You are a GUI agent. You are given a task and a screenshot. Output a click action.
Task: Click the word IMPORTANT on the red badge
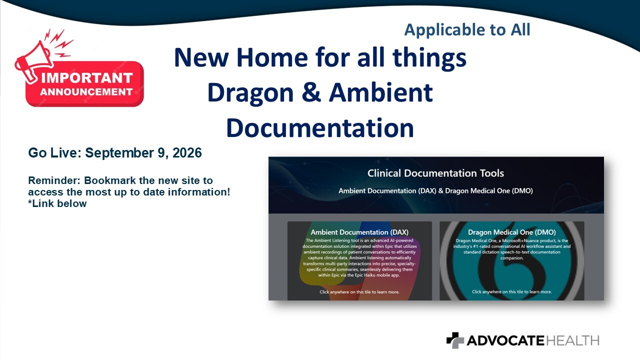pos(87,78)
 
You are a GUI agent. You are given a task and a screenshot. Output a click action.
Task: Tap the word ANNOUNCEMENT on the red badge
pos(86,91)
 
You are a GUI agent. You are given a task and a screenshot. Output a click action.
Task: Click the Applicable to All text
pos(467,29)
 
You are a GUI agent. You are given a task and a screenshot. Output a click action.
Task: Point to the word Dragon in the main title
pos(250,93)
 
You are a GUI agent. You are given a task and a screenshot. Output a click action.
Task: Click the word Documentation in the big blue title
pos(320,127)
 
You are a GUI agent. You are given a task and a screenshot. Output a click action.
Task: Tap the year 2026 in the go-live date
pos(187,153)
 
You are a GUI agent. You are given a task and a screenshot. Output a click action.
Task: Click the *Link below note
pos(57,203)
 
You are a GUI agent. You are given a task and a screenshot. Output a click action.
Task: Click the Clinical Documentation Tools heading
pos(435,173)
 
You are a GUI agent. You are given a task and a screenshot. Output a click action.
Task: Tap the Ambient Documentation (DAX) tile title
pos(359,232)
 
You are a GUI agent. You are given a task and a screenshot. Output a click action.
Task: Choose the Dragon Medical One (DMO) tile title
pos(511,232)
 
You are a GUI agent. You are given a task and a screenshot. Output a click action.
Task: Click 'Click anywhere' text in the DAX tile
pos(359,292)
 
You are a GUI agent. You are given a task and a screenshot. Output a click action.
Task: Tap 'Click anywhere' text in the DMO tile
pos(511,291)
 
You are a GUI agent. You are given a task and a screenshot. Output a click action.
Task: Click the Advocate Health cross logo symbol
pos(455,340)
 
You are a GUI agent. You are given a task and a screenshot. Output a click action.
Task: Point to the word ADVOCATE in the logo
pos(505,341)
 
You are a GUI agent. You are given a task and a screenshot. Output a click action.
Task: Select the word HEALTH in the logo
pos(572,341)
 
